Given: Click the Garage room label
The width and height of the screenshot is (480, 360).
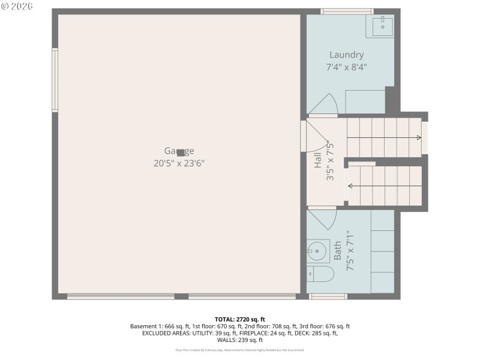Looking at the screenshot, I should pyautogui.click(x=179, y=151).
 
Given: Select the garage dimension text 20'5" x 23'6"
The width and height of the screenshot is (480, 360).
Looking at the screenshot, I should pyautogui.click(x=179, y=163).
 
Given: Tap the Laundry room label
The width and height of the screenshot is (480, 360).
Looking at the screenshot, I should pyautogui.click(x=346, y=55).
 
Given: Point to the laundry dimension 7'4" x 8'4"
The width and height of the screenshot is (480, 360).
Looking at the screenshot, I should pyautogui.click(x=346, y=67).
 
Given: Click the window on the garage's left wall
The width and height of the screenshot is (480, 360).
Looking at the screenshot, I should pyautogui.click(x=55, y=80).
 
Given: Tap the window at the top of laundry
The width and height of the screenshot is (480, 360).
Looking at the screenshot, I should pyautogui.click(x=347, y=11).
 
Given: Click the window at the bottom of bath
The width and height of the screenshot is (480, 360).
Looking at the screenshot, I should pyautogui.click(x=328, y=296).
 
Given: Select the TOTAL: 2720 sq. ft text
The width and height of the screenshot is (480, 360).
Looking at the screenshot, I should pyautogui.click(x=239, y=319).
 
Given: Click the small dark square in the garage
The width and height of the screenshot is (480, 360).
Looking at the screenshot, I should pyautogui.click(x=181, y=153).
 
